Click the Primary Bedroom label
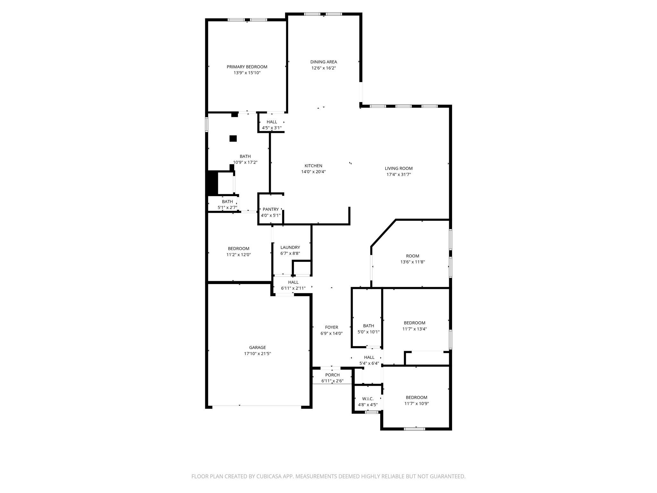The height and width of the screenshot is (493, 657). (x=247, y=67)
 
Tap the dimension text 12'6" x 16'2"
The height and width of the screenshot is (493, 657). (x=323, y=68)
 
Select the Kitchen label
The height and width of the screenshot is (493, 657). (x=313, y=166)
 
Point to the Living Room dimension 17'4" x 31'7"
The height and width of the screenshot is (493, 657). (x=398, y=175)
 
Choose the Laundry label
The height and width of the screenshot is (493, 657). (x=290, y=247)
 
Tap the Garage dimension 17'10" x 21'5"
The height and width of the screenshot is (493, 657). (x=257, y=354)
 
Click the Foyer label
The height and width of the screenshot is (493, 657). (x=331, y=327)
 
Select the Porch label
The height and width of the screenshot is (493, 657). (x=332, y=375)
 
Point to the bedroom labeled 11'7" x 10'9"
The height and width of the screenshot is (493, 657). (x=416, y=401)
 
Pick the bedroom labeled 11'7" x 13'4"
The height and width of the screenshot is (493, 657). (x=414, y=326)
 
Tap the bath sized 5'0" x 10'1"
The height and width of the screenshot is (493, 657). (x=368, y=329)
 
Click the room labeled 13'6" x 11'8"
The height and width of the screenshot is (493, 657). (x=413, y=259)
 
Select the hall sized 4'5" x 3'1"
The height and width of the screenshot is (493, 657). (x=272, y=125)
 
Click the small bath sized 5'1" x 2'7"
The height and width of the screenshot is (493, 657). (x=227, y=204)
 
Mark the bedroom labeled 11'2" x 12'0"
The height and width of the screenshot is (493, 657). (x=238, y=251)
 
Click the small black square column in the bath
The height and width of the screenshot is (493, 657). (x=233, y=139)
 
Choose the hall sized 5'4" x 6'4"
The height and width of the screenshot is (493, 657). (x=369, y=360)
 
